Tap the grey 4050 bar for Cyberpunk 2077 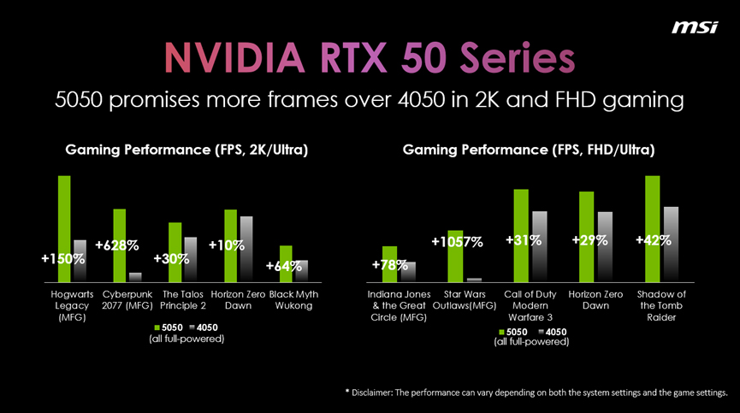(135, 276)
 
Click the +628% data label (117, 245)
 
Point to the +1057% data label (458, 242)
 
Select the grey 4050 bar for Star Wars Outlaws (475, 279)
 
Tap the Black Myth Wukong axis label (293, 300)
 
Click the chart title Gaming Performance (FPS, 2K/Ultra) (186, 150)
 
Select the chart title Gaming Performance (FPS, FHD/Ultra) (529, 150)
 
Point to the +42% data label (654, 241)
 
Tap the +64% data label (284, 266)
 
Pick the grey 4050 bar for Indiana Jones (408, 271)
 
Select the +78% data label (390, 265)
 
